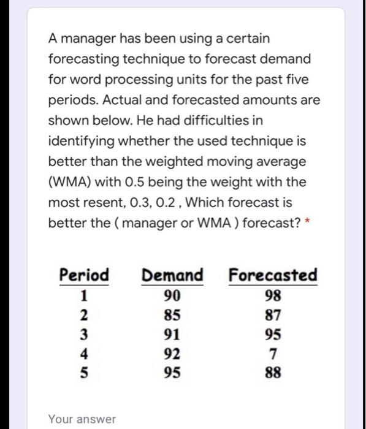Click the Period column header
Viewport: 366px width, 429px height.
coord(84,275)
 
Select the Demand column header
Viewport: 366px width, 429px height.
coord(172,275)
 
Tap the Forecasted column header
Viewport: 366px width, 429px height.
coord(273,275)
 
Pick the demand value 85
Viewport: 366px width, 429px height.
coord(172,315)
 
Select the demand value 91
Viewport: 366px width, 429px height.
coord(172,334)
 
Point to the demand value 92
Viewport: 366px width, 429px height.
coord(172,353)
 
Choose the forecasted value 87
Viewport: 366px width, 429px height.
coord(273,315)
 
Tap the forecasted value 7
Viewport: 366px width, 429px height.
coord(273,353)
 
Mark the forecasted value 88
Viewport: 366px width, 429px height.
coord(273,372)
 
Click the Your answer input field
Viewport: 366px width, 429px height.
coord(82,419)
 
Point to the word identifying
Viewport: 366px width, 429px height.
coord(81,141)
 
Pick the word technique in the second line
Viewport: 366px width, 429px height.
coord(134,59)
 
